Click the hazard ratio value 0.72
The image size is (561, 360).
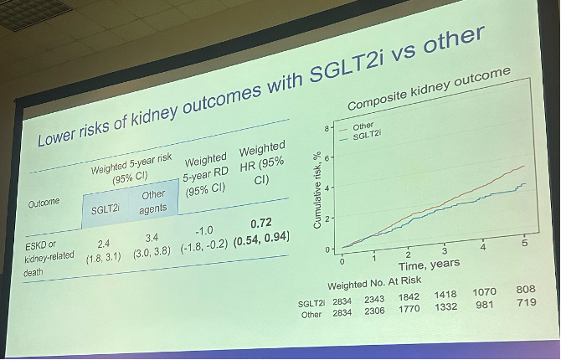click(261, 224)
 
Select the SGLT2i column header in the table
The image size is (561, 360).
click(105, 209)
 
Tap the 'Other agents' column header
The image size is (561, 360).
click(153, 202)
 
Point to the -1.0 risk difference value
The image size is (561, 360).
click(204, 231)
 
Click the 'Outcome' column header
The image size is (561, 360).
click(44, 203)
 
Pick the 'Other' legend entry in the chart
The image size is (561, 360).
click(363, 126)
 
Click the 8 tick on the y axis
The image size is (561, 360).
click(327, 128)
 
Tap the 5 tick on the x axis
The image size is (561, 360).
click(524, 243)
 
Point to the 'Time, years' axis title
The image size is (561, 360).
click(430, 265)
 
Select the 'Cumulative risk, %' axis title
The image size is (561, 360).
click(317, 190)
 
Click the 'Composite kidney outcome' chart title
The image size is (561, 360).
click(429, 89)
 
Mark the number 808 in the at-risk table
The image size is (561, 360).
click(526, 289)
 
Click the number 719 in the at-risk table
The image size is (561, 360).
click(527, 302)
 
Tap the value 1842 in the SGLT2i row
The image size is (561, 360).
click(409, 297)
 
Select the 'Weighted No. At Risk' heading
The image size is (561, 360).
click(374, 283)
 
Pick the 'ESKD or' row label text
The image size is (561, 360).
click(40, 245)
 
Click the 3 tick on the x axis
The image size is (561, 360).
click(445, 250)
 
